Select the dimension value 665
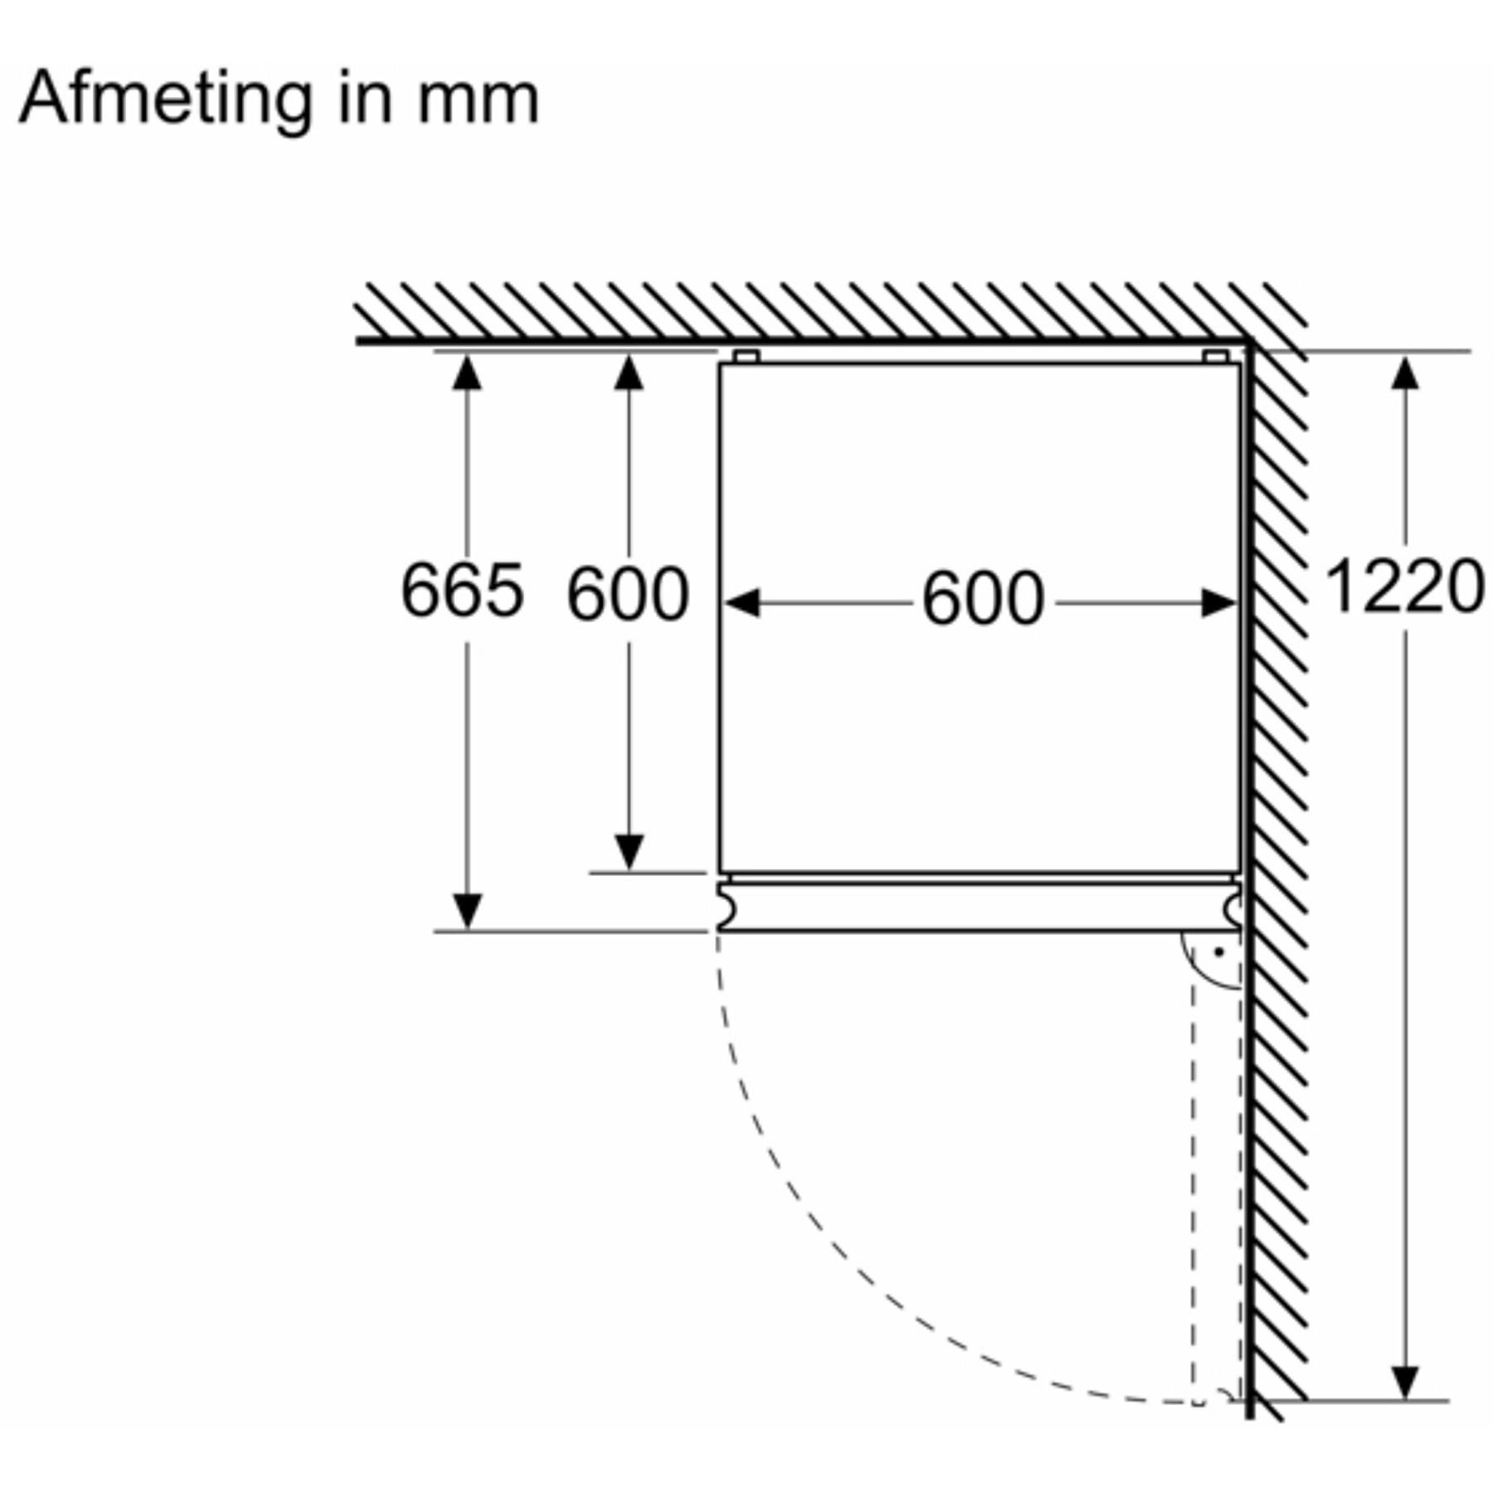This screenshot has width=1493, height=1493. (x=462, y=591)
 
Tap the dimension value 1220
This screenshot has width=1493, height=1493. (x=1405, y=587)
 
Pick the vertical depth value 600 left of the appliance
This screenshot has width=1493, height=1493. (x=628, y=594)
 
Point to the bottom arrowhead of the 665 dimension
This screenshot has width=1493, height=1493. (x=467, y=912)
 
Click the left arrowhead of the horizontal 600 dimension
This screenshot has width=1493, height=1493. (x=742, y=603)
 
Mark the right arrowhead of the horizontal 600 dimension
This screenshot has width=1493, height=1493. (x=1219, y=603)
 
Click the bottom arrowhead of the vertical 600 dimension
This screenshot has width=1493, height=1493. (x=629, y=853)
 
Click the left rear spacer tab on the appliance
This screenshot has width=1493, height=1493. (x=746, y=357)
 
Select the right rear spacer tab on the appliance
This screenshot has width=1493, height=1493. (x=1216, y=357)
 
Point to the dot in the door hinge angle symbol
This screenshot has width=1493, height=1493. (x=1218, y=952)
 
